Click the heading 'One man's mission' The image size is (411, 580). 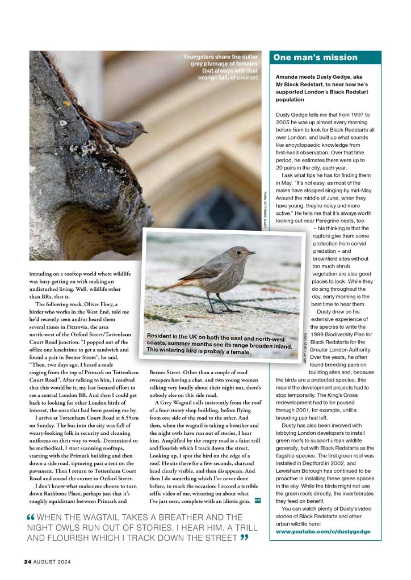[x=316, y=57]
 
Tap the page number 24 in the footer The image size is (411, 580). [x=27, y=562]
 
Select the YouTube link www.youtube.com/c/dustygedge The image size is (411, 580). [x=323, y=532]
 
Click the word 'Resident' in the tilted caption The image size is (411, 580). [x=165, y=336]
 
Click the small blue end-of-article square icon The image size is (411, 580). [x=258, y=500]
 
